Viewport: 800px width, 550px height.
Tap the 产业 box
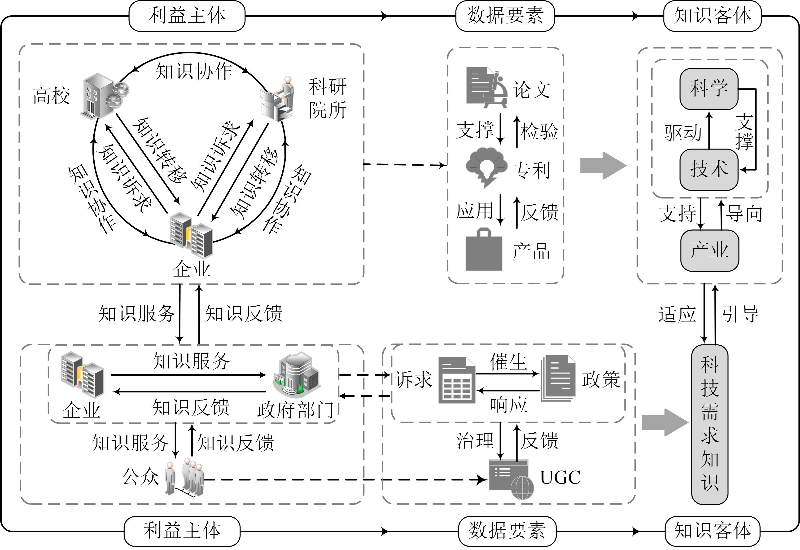coord(709,251)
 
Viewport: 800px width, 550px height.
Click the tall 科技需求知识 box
coord(709,424)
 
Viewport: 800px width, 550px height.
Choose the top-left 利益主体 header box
coord(187,16)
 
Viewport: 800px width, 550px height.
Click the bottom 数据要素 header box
coord(507,531)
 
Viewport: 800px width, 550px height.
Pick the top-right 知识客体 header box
coord(712,16)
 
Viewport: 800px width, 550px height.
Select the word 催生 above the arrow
coord(508,362)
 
